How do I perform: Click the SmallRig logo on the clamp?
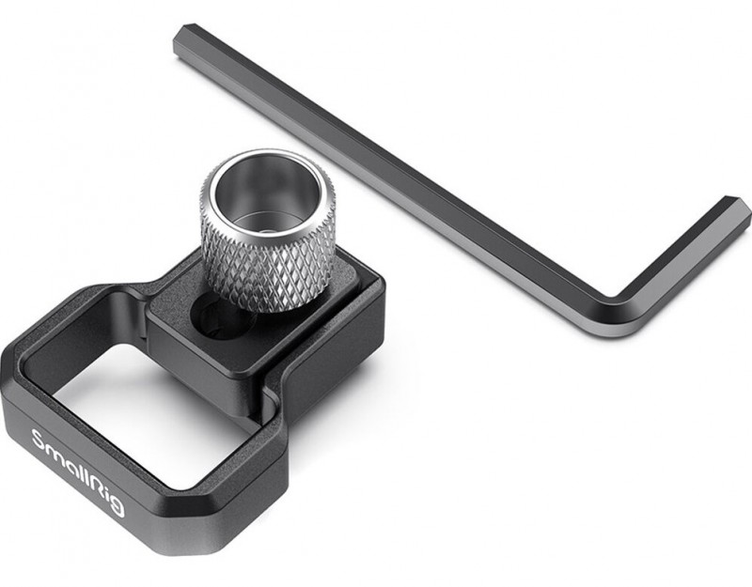click(x=78, y=472)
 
